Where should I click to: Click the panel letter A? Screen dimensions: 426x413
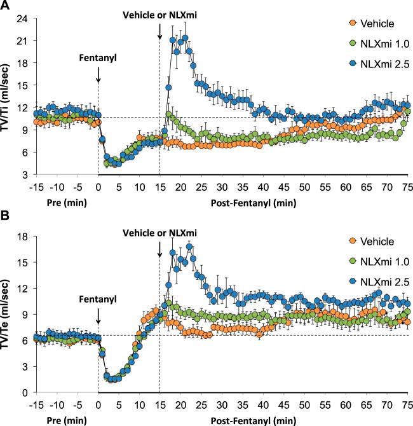pos(6,6)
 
